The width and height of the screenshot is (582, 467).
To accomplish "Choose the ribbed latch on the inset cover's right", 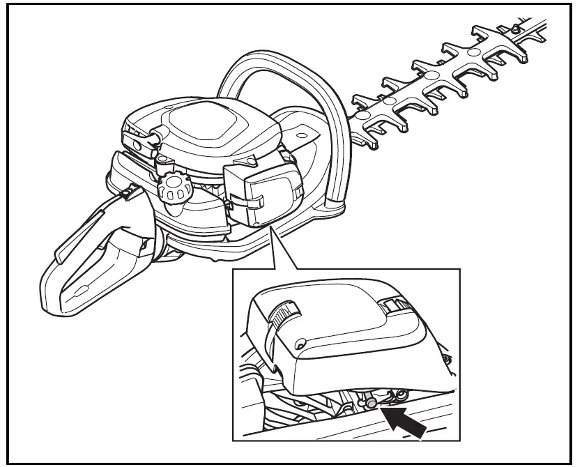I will (x=395, y=304).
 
